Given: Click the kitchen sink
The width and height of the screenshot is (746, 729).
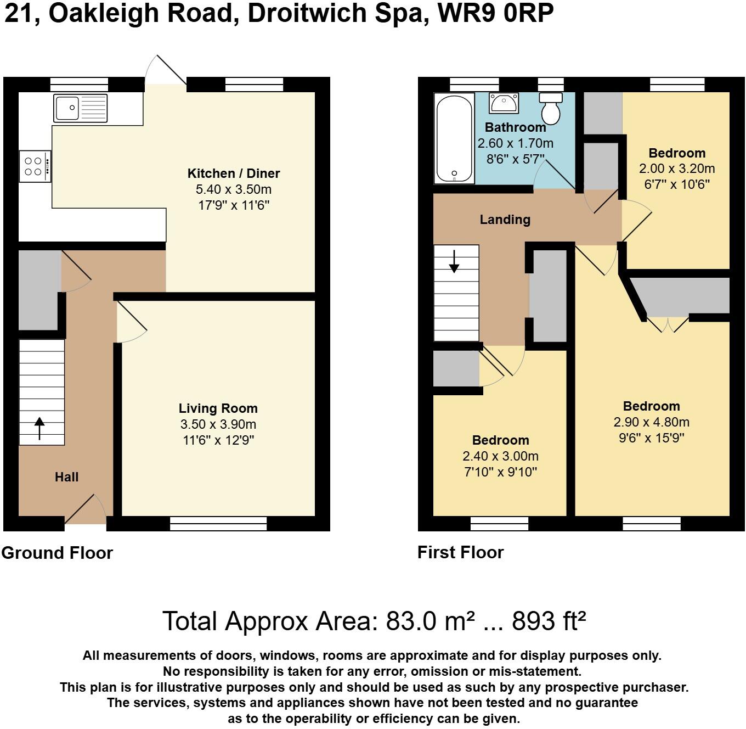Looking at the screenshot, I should click(81, 108).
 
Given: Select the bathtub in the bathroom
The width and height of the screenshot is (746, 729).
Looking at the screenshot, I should click(454, 138).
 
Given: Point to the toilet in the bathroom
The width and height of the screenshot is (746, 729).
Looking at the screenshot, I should click(551, 109).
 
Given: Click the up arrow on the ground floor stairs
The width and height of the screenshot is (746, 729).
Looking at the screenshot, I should click(39, 428).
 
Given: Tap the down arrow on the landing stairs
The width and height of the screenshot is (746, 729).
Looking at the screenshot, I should click(454, 261).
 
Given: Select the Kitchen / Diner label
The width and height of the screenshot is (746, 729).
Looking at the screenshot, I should click(234, 173).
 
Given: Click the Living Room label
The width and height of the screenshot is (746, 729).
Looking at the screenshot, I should click(218, 408).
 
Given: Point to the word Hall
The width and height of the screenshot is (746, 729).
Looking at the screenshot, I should click(66, 477).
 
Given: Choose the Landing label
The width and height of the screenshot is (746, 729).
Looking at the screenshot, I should click(505, 220).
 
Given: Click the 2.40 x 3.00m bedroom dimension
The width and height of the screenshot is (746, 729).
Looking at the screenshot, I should click(500, 456).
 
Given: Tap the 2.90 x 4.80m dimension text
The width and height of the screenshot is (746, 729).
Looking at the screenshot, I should click(651, 422).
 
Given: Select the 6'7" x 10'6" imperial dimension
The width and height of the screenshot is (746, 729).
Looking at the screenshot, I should click(676, 184).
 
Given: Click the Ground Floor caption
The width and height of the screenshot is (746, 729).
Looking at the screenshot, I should click(57, 553).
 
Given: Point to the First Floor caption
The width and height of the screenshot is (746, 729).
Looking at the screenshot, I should click(460, 552).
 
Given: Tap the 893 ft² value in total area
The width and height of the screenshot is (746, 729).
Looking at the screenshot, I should click(549, 621).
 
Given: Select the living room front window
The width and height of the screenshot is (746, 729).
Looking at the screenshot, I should click(218, 524).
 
